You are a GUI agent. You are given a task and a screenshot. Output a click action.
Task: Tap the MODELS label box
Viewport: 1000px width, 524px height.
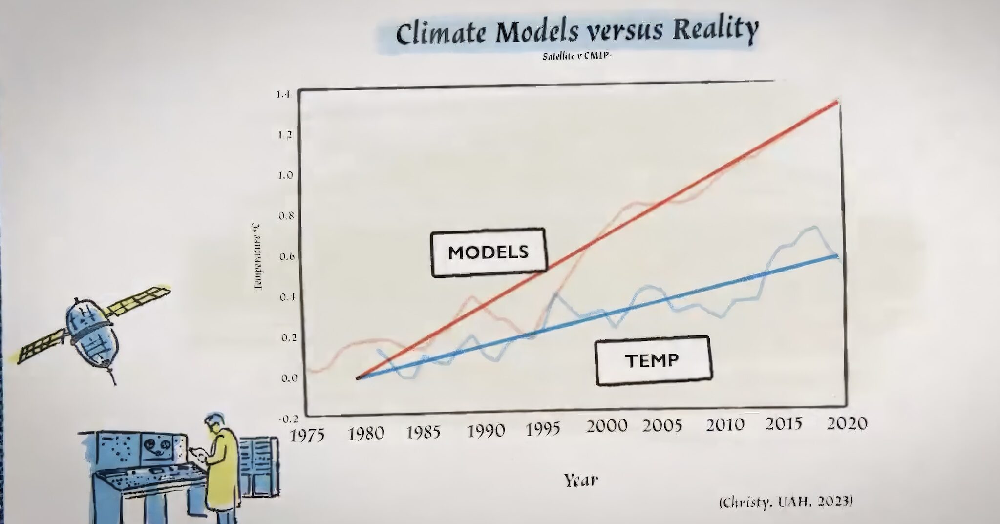tap(488, 252)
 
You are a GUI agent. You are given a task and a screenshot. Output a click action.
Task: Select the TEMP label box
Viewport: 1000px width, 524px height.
tap(653, 360)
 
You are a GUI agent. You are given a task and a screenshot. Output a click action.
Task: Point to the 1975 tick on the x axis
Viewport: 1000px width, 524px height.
tap(307, 434)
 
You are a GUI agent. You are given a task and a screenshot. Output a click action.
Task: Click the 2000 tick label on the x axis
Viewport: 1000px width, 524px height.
tap(606, 426)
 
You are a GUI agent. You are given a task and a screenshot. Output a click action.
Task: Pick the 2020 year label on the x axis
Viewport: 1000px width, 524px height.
tap(846, 423)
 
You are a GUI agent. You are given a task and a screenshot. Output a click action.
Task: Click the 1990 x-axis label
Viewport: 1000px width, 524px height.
tap(486, 431)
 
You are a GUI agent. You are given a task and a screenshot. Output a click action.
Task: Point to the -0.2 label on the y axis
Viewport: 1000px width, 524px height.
tap(288, 419)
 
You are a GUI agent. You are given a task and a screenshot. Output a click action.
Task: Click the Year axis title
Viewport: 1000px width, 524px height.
tap(580, 481)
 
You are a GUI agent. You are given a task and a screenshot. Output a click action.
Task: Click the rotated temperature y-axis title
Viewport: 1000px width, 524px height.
tap(258, 256)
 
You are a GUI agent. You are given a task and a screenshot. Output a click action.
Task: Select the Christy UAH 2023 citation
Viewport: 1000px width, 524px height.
tap(786, 502)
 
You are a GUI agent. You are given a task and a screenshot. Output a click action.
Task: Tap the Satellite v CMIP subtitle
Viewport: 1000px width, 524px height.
tap(577, 56)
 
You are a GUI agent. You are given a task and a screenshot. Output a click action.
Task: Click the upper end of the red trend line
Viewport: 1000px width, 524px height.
tap(836, 102)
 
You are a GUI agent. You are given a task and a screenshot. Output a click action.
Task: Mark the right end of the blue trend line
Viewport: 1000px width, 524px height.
tap(837, 255)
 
